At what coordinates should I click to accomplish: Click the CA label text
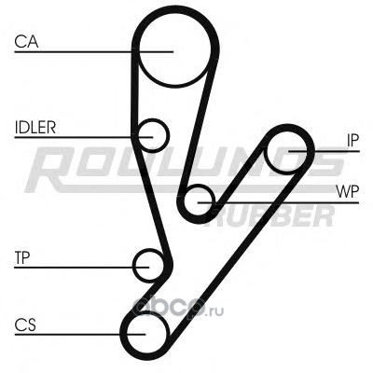(x=26, y=42)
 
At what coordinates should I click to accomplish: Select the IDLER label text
(x=35, y=128)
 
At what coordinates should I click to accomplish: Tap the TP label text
(x=22, y=258)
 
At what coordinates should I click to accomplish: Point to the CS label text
(x=25, y=325)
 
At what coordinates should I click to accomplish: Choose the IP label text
(x=352, y=141)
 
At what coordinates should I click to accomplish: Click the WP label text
(x=347, y=192)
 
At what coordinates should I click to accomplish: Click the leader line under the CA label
(x=93, y=51)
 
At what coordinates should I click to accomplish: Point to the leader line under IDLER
(x=84, y=137)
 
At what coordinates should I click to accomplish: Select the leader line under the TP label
(x=82, y=268)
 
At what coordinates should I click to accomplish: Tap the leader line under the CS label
(x=80, y=335)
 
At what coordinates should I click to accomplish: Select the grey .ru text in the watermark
(x=215, y=311)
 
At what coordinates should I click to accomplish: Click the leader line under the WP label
(x=278, y=202)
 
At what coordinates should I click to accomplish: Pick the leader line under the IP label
(x=324, y=151)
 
